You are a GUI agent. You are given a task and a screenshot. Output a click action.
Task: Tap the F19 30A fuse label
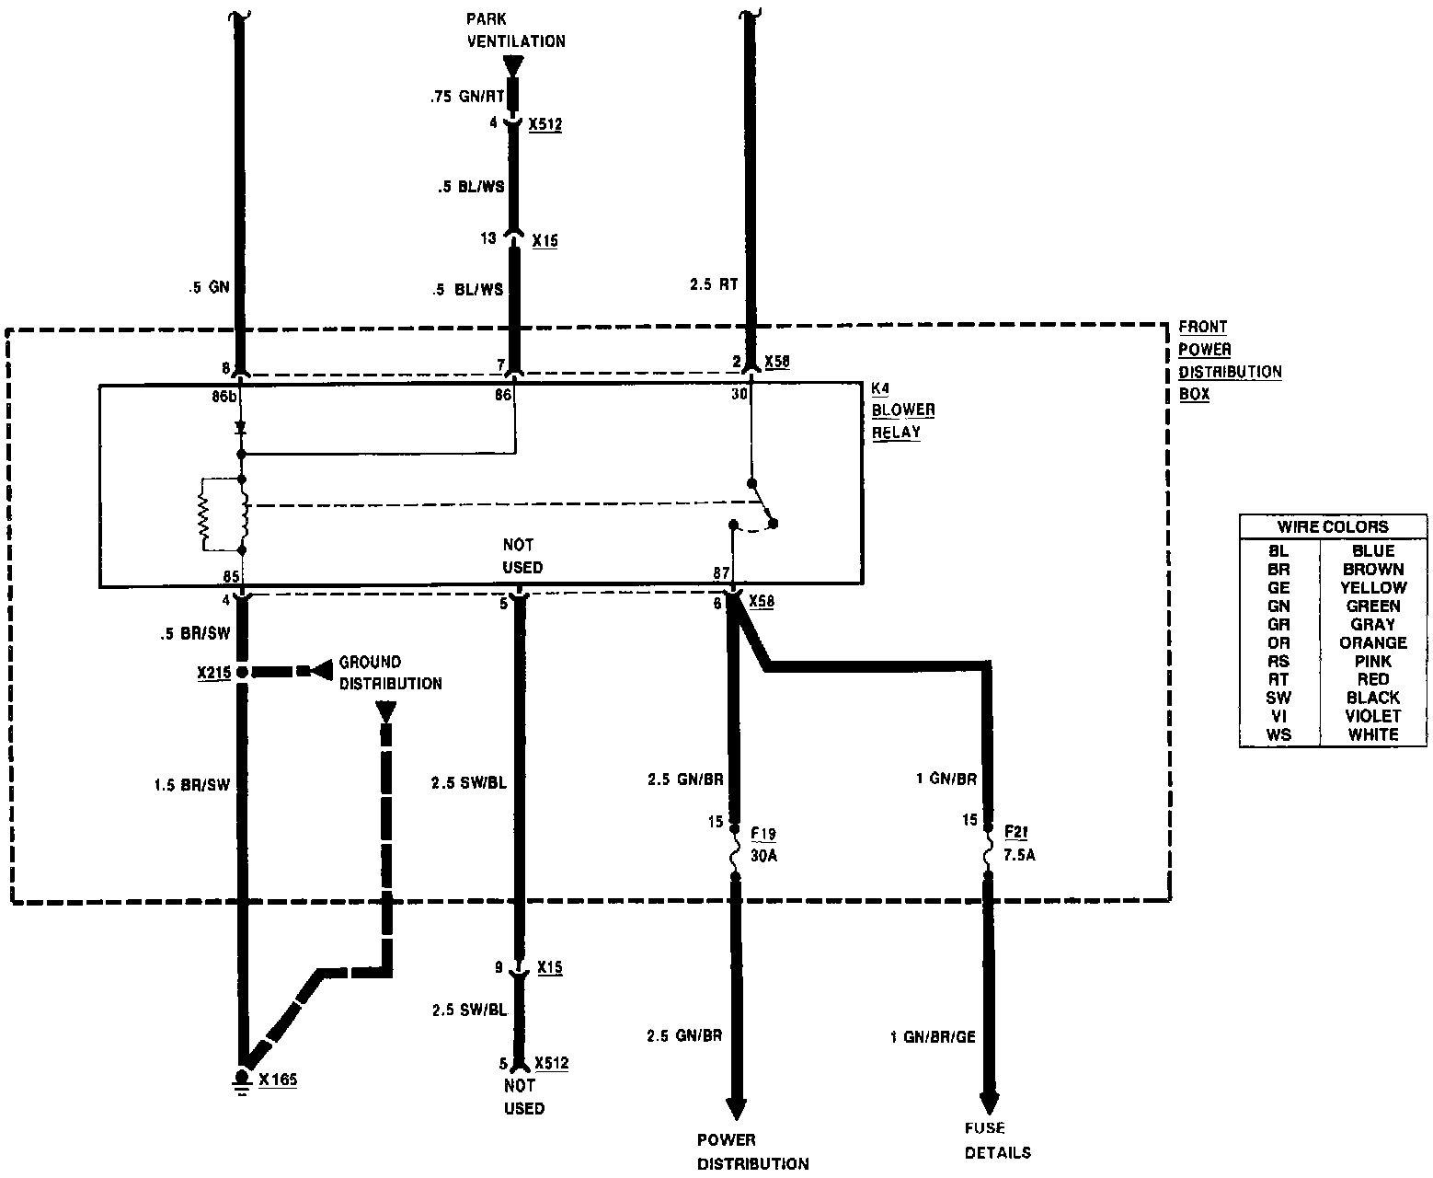pos(763,844)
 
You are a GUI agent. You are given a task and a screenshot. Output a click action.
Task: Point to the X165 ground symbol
pos(242,1080)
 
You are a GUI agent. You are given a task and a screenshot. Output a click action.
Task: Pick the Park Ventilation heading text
pos(515,29)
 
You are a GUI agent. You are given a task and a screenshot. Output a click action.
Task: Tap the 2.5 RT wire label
pos(714,285)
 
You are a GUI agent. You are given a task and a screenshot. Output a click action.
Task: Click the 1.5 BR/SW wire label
pos(191,785)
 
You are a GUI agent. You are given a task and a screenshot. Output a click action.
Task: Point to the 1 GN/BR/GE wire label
pos(932,1037)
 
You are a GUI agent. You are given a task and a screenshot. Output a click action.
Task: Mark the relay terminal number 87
pos(722,574)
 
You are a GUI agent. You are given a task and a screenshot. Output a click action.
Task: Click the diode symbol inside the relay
pos(242,428)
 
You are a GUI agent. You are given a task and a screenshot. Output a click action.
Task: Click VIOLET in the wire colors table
pos(1372,716)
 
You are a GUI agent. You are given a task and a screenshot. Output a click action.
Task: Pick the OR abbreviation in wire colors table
pos(1278,642)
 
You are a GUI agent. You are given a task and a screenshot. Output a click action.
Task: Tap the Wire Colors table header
pos(1332,526)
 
